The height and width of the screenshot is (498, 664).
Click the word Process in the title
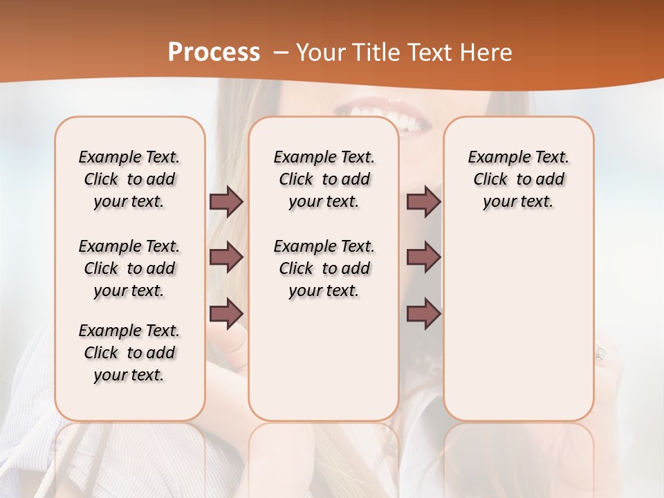[x=214, y=53]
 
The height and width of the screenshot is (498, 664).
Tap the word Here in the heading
[x=488, y=53]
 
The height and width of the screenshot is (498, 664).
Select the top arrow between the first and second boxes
[x=226, y=202]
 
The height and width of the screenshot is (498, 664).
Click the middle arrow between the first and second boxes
[x=226, y=257]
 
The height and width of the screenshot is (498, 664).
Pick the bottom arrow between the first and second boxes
[x=226, y=313]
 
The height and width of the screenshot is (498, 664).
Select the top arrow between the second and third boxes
[x=423, y=202]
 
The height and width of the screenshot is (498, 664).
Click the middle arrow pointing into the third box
[x=423, y=257]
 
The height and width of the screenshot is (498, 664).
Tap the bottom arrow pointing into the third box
[x=423, y=313]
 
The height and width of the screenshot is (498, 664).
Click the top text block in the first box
[x=129, y=179]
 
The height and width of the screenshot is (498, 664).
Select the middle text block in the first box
[x=129, y=268]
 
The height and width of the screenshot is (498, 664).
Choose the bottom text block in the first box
[x=129, y=353]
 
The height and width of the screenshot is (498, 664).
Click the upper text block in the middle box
[x=324, y=179]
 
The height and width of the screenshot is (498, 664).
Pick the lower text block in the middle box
[x=324, y=268]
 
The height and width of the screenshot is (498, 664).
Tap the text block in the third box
[x=519, y=179]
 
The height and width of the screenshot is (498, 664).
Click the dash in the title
[x=281, y=53]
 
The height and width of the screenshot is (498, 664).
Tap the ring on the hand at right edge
[x=599, y=353]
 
